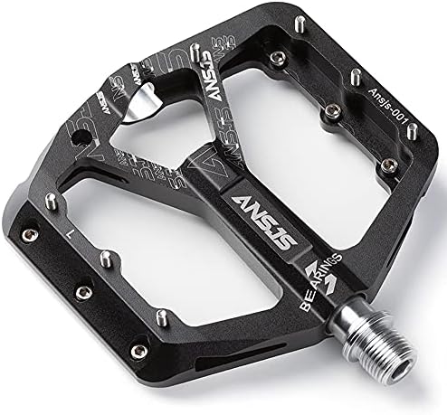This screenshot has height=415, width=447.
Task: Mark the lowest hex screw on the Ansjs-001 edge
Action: coord(388,165)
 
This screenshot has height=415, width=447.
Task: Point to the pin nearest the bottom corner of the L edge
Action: coord(161,316)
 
